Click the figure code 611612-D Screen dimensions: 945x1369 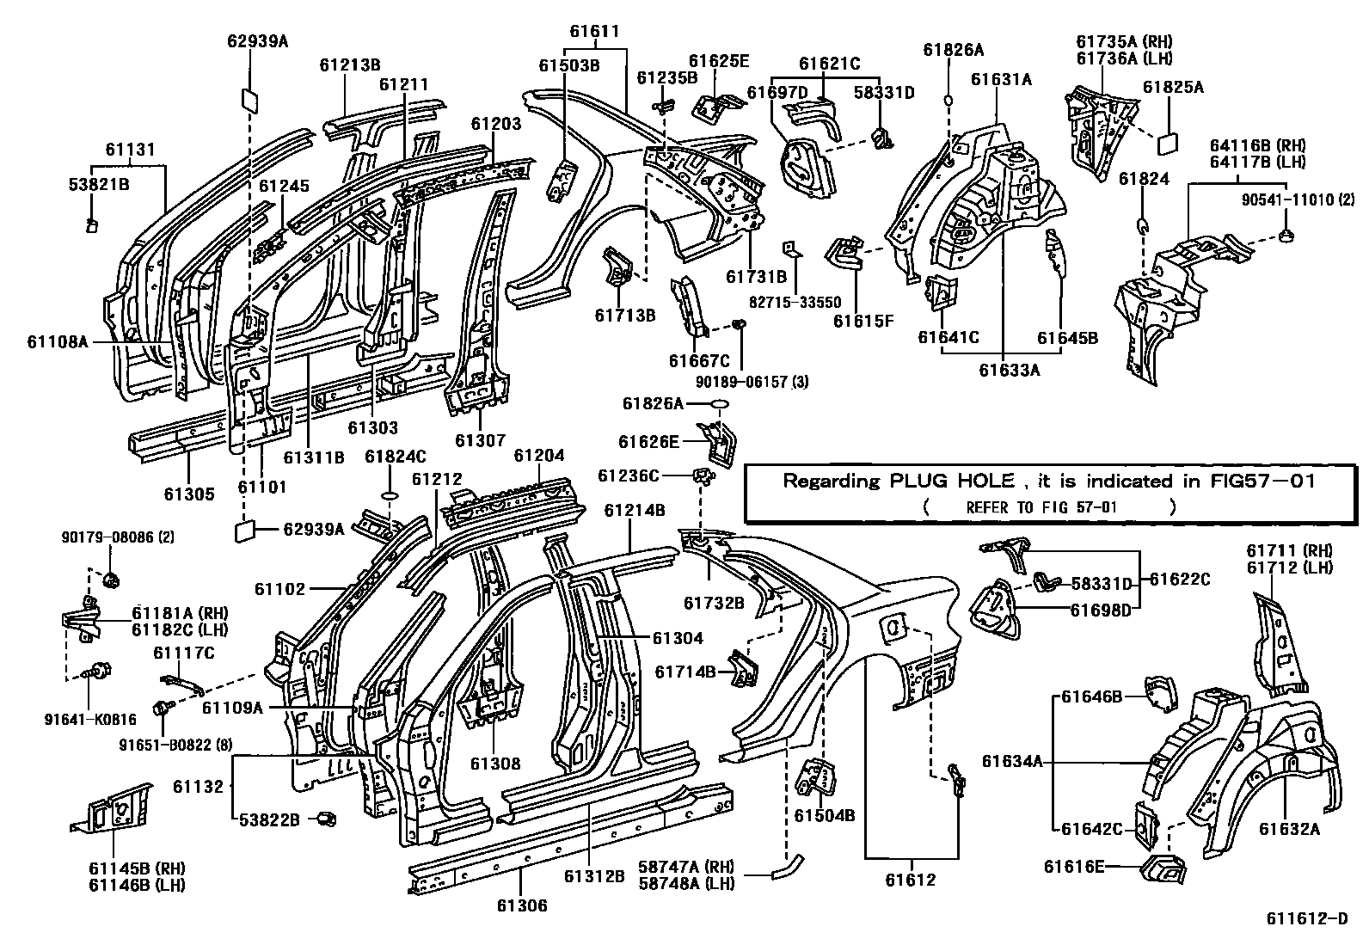tap(1306, 918)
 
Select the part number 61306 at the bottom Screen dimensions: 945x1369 tap(520, 905)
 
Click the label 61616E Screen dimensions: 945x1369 tap(1074, 866)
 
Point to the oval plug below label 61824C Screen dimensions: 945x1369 tap(388, 496)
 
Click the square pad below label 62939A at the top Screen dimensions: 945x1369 tap(250, 100)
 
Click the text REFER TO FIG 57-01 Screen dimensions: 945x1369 tap(1041, 507)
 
